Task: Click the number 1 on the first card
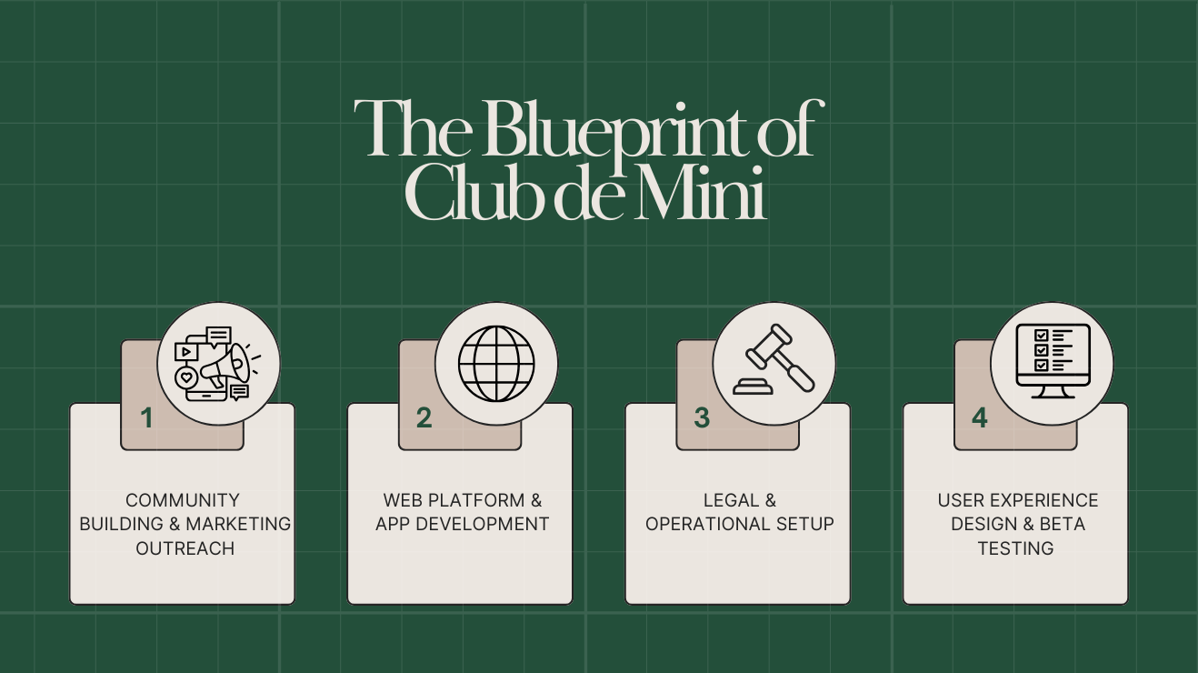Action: (146, 418)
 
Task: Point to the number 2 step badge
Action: (424, 418)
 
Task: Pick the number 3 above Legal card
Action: (701, 418)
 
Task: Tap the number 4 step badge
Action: (979, 418)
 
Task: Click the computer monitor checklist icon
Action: (1053, 362)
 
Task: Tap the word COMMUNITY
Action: (183, 500)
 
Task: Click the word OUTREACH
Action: (185, 548)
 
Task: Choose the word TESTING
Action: (1015, 548)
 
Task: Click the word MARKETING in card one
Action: (238, 525)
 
